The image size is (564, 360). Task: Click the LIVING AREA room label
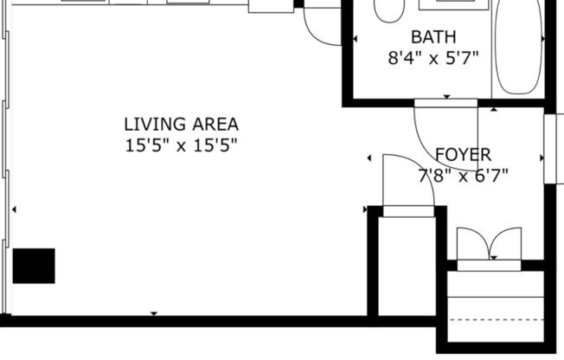[181, 125]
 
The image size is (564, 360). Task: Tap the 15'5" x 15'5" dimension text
[181, 145]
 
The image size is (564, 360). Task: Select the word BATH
[433, 37]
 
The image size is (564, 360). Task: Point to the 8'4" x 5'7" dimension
[433, 59]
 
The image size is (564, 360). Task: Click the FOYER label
[463, 155]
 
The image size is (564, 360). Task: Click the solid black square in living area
[34, 266]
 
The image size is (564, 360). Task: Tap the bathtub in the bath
[516, 48]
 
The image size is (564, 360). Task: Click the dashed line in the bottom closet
[497, 320]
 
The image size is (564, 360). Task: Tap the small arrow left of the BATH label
[356, 39]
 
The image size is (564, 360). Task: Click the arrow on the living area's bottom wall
[154, 313]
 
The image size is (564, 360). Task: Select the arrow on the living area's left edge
[14, 209]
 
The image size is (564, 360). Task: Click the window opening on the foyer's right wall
[554, 149]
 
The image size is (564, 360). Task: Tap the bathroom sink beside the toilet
[450, 4]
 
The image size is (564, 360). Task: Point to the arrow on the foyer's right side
[542, 157]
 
